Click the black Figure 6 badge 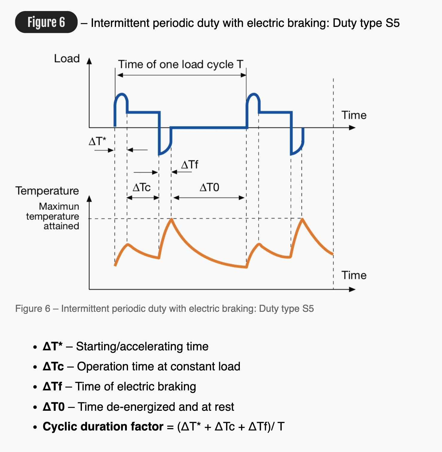click(46, 22)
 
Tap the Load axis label click(67, 59)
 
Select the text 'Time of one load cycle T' click(181, 64)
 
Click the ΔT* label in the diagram click(97, 141)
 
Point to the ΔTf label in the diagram click(190, 165)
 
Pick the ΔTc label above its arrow click(141, 187)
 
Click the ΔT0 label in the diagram click(209, 187)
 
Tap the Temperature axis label click(47, 191)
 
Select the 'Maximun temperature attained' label click(53, 216)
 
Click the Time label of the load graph click(354, 115)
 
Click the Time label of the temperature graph click(354, 275)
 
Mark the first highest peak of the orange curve click(171, 219)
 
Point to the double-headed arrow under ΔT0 click(209, 198)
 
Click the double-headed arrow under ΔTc click(143, 198)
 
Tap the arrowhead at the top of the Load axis click(89, 61)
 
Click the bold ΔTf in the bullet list click(53, 387)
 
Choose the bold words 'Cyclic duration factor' click(103, 427)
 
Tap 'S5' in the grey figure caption click(308, 309)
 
